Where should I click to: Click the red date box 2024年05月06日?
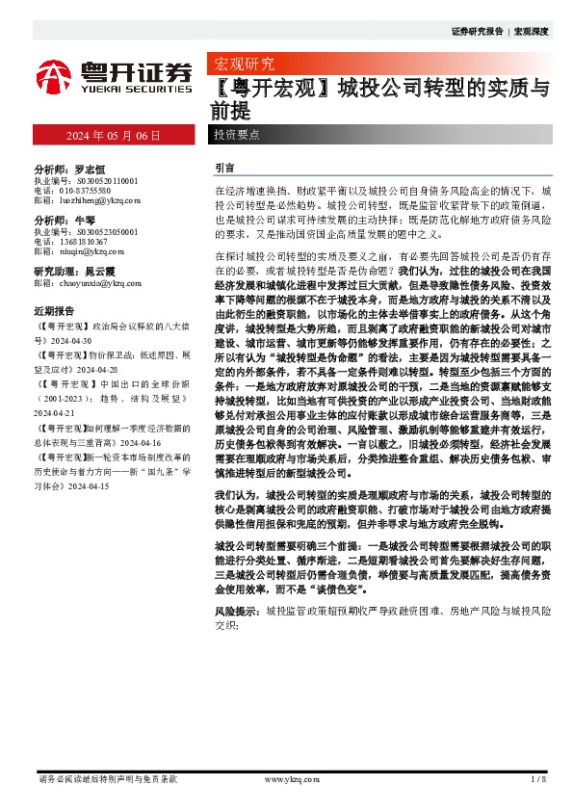click(114, 135)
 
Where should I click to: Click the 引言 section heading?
click(224, 167)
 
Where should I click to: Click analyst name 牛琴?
click(84, 220)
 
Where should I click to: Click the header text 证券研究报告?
click(476, 32)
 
